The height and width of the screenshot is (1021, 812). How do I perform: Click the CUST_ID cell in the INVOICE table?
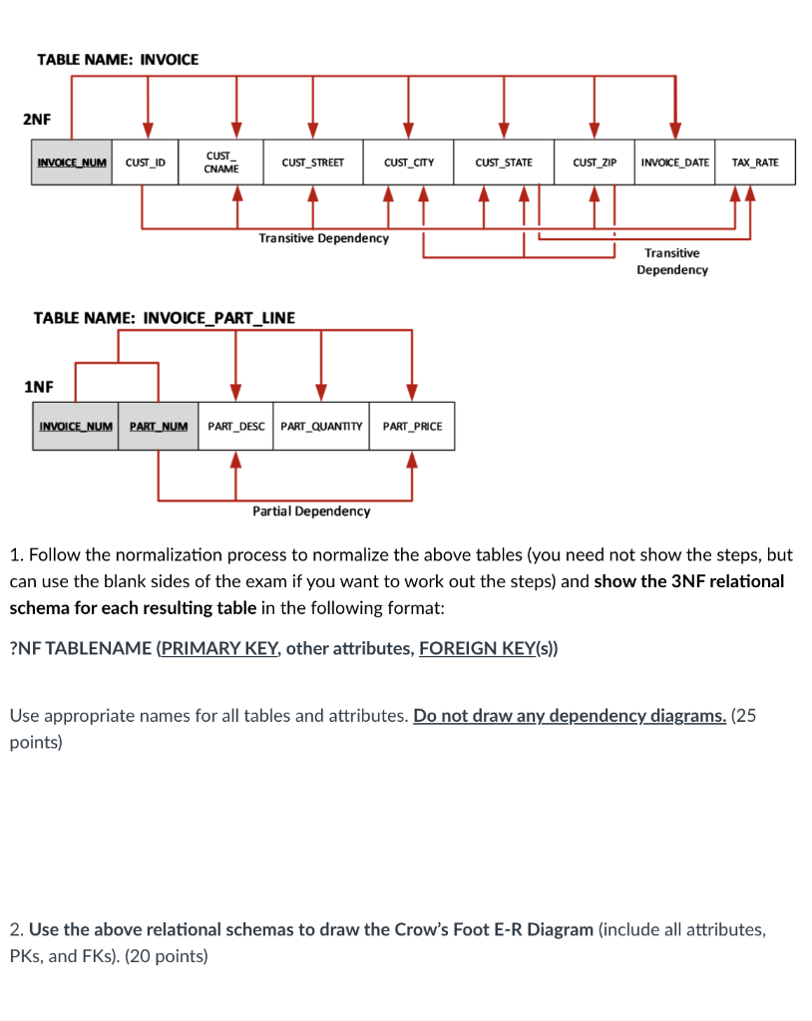[x=146, y=163]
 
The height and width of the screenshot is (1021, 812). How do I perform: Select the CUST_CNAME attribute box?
[x=221, y=163]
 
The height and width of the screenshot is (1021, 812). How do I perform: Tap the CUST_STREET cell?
[x=312, y=163]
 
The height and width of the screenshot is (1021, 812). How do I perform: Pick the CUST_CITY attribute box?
[x=408, y=163]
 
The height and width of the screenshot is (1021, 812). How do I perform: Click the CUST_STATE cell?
[x=504, y=163]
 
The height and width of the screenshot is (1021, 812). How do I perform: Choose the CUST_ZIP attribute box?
[x=595, y=163]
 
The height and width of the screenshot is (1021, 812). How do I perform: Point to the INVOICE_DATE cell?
[x=675, y=163]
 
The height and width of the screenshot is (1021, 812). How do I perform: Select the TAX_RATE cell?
[x=755, y=163]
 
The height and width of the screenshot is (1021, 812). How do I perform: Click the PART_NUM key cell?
[x=159, y=427]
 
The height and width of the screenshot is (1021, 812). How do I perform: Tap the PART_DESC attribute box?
[x=236, y=427]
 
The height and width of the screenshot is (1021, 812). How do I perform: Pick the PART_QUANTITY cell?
[x=321, y=427]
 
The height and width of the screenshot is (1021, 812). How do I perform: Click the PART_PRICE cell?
[x=412, y=427]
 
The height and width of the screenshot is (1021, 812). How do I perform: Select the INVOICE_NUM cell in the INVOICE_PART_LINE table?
[x=76, y=427]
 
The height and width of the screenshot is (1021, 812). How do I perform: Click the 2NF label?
[x=37, y=120]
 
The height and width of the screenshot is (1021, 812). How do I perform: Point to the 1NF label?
[x=38, y=386]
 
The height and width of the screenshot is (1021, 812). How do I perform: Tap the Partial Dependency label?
[x=311, y=511]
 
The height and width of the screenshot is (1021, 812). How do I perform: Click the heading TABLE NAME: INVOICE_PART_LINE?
[x=165, y=318]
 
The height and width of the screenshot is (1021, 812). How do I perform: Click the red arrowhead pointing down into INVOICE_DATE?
[x=675, y=130]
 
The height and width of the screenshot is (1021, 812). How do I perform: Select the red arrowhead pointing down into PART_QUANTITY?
[x=321, y=391]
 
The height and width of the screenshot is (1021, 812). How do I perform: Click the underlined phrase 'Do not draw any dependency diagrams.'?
[x=570, y=716]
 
